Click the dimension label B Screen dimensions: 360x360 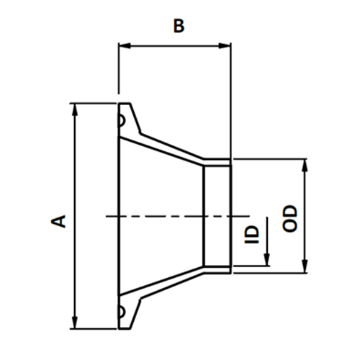pyautogui.click(x=179, y=26)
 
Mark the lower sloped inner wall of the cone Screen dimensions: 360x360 pyautogui.click(x=162, y=282)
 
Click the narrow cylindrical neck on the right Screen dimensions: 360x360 pyautogui.click(x=216, y=215)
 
